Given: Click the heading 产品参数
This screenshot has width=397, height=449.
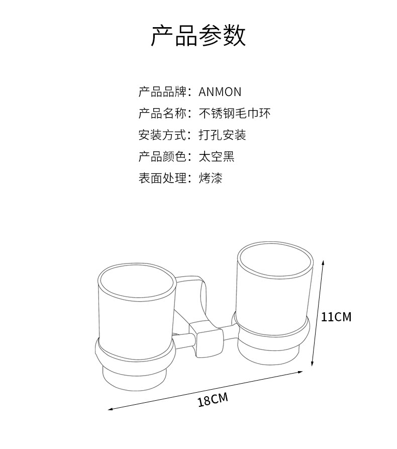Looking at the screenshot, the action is pos(198,36).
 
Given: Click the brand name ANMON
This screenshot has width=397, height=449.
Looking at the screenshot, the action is pos(220,92).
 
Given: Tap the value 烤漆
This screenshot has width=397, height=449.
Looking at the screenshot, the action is pos(211,178).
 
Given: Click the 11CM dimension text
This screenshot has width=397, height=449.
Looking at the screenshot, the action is pos(336,317).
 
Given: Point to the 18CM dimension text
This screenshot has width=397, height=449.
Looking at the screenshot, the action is pos(213,401).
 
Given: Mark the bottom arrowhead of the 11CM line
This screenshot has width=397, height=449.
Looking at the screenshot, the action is pos(313,366).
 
